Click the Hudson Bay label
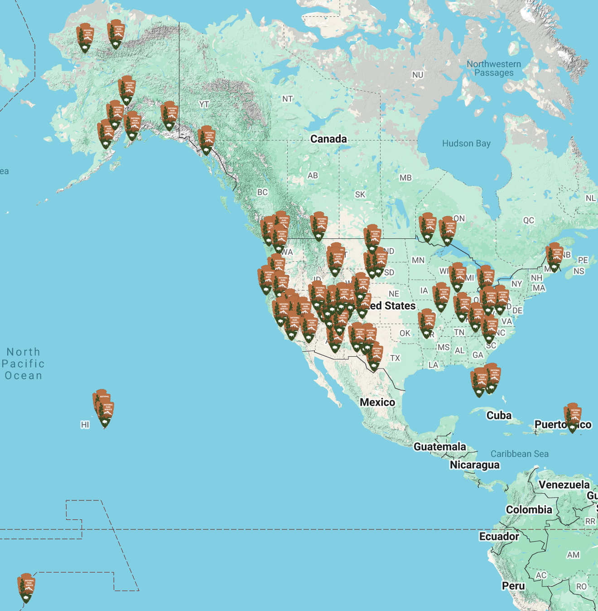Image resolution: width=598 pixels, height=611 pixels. tap(466, 144)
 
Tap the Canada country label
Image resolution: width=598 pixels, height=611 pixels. tap(328, 139)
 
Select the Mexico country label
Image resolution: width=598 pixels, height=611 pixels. tap(377, 402)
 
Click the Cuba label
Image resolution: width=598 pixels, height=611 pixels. tap(499, 416)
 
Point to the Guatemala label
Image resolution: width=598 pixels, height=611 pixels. tap(439, 447)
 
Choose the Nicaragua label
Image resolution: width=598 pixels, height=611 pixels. tap(474, 465)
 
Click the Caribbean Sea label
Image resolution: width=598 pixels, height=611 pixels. tap(519, 454)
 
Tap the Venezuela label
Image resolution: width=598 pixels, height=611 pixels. tap(564, 485)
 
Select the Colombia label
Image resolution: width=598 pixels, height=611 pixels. tap(529, 510)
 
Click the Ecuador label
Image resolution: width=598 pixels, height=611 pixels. tap(499, 537)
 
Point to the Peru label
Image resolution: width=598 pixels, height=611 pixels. tap(513, 586)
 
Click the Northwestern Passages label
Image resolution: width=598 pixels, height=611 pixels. tap(494, 68)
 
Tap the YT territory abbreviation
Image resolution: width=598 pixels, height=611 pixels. tap(204, 105)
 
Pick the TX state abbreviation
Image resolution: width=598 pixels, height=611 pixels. tap(395, 358)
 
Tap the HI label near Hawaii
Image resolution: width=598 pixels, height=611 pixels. tap(85, 425)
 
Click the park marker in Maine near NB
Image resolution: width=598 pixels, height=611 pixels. tap(555, 257)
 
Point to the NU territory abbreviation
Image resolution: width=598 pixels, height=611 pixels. tap(418, 75)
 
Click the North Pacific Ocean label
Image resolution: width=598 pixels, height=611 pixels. tap(23, 364)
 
